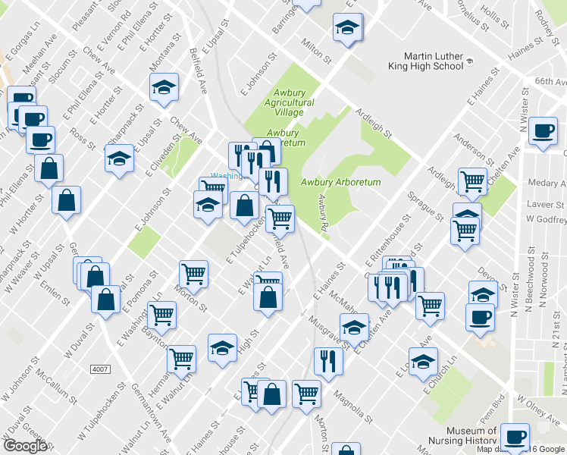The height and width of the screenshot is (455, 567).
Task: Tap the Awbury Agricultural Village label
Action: (289, 102)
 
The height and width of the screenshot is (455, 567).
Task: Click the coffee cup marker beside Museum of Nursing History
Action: (515, 436)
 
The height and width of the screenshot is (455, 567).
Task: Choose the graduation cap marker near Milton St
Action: (347, 28)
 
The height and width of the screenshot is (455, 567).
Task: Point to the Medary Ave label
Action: (544, 183)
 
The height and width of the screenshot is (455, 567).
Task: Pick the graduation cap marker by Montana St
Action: (164, 88)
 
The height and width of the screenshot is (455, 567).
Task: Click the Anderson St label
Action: (468, 149)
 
